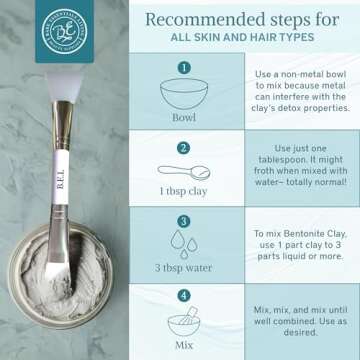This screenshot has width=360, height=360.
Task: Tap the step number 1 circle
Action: click(184, 67)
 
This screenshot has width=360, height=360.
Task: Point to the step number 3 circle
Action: click(184, 221)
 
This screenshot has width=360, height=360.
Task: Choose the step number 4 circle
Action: click(184, 297)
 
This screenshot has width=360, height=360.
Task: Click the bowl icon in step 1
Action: click(184, 91)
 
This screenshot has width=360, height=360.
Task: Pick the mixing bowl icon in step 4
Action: click(184, 323)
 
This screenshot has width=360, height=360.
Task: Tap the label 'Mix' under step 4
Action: click(184, 345)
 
